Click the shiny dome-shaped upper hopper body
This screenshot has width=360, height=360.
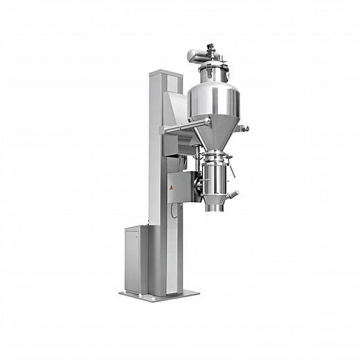tap(215, 97)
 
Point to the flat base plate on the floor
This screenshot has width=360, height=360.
tap(159, 294)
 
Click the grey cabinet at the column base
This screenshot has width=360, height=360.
tap(137, 258)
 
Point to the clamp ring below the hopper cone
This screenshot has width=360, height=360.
tap(216, 151)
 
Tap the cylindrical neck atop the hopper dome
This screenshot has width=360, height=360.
tap(215, 71)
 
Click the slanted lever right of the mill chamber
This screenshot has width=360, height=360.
tap(233, 168)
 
